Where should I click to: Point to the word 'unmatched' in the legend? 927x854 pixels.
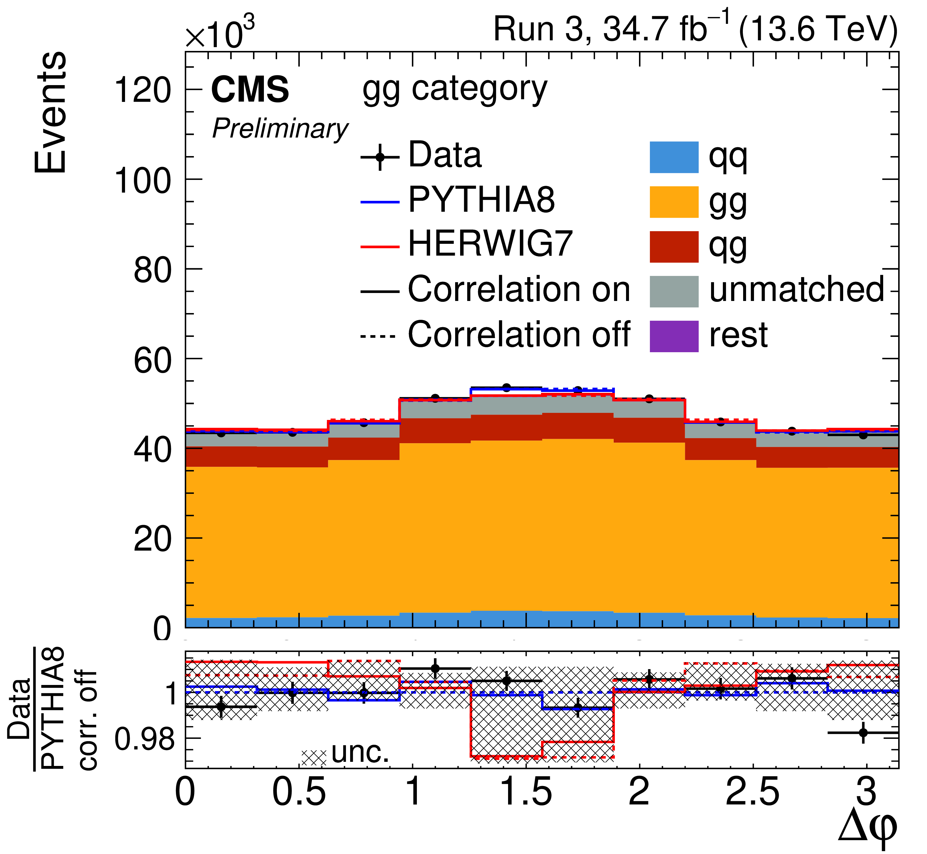[x=796, y=290]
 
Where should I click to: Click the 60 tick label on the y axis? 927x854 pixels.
[x=152, y=360]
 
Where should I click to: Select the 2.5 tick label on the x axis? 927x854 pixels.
[x=753, y=792]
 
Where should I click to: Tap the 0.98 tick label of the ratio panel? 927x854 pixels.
[x=144, y=739]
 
